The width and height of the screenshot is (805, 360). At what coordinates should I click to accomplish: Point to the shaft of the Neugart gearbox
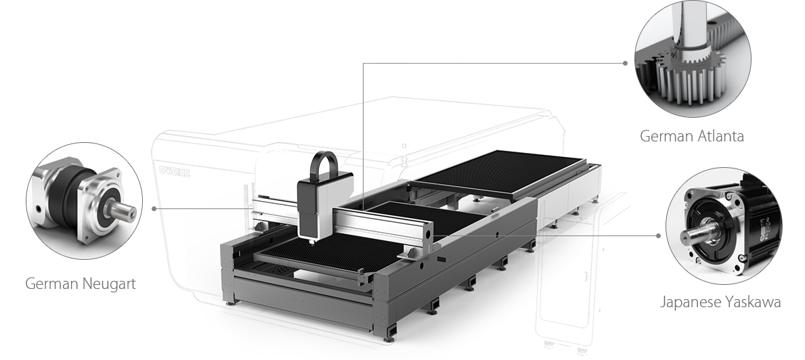pyautogui.click(x=122, y=210)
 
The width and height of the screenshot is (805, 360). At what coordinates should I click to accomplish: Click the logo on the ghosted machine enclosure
pyautogui.click(x=174, y=171)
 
